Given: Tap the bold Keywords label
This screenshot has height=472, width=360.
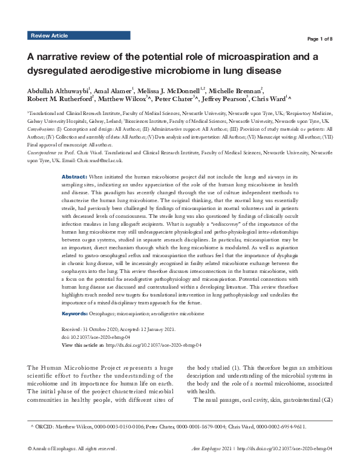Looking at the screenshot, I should click(x=77, y=314).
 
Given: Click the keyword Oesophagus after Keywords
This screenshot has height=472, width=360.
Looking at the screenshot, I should click(x=110, y=314).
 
